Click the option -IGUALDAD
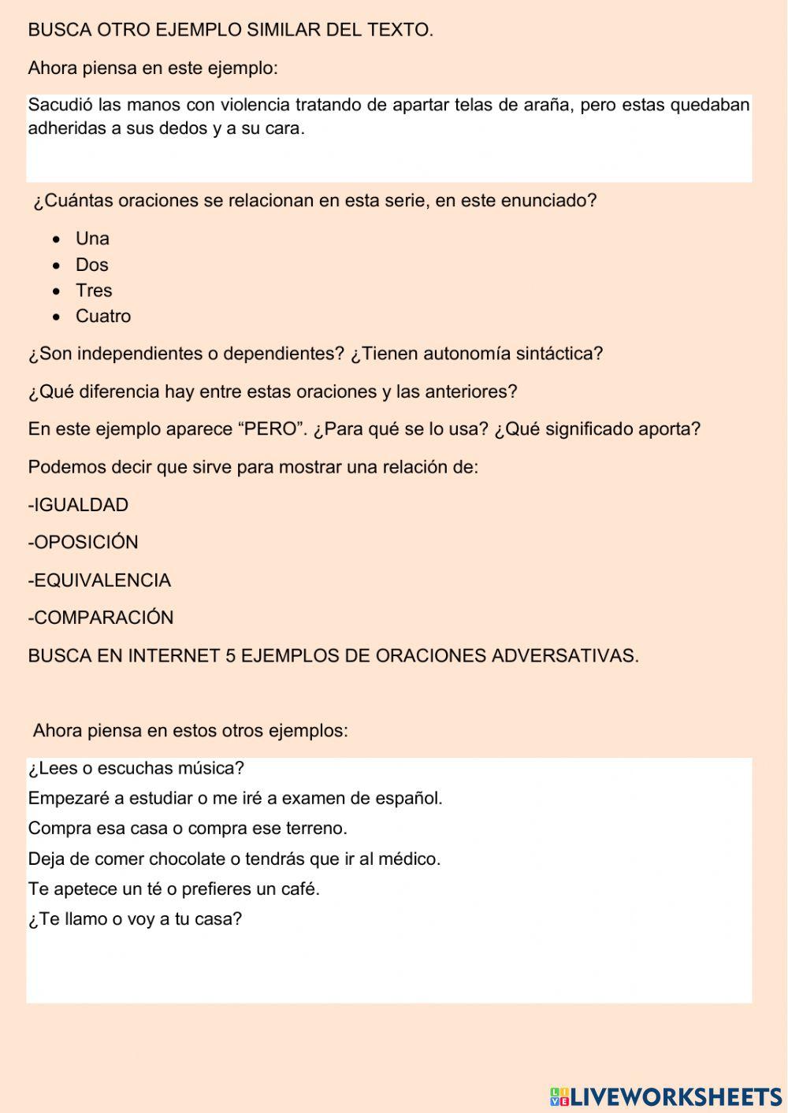click(78, 505)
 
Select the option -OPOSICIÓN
click(83, 543)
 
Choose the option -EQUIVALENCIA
click(99, 581)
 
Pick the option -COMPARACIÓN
click(101, 618)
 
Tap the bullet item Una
click(92, 239)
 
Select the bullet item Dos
click(91, 265)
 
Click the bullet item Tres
click(94, 291)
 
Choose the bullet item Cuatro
click(103, 317)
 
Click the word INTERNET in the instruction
click(173, 656)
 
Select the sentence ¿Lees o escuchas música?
click(136, 768)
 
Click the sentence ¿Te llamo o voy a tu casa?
click(135, 919)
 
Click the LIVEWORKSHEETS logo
click(665, 1096)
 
